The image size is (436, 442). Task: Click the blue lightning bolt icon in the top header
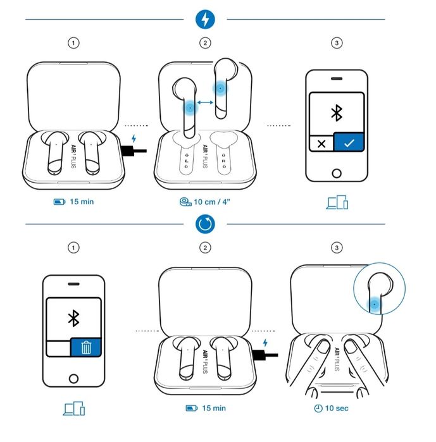(204, 20)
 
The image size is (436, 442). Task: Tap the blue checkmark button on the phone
(349, 143)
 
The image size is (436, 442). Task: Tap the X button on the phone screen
(321, 143)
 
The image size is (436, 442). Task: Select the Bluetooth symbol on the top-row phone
(337, 113)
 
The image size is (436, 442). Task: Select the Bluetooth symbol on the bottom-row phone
(73, 318)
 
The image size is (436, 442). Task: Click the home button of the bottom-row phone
(73, 378)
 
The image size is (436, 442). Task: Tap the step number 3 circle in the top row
(336, 43)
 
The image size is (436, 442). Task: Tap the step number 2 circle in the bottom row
(205, 248)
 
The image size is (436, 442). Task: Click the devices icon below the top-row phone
(337, 203)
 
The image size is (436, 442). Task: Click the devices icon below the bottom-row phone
(73, 408)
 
